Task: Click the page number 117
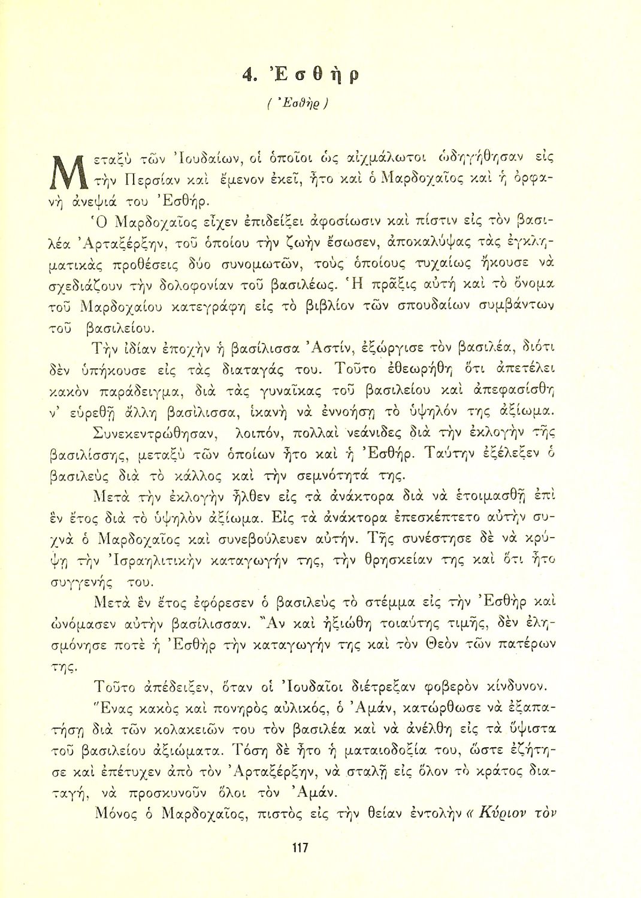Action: click(x=299, y=848)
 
